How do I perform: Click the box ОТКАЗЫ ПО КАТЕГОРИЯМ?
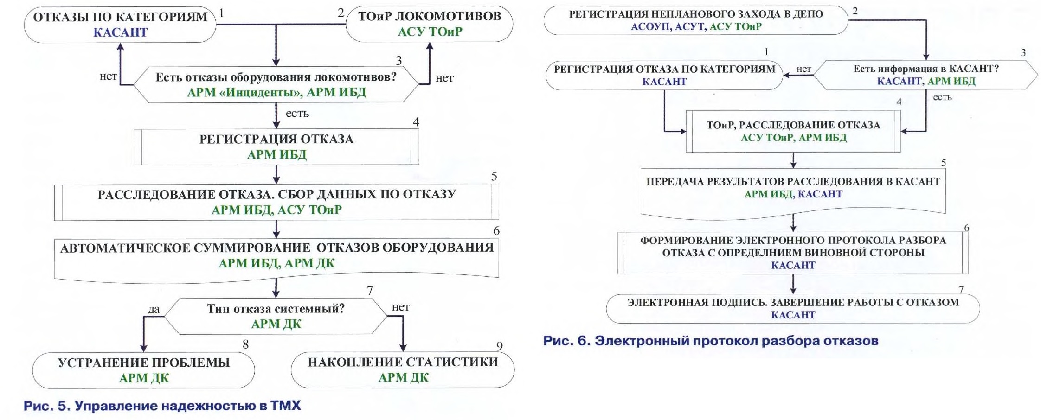coord(120,24)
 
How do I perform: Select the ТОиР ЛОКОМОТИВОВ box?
coord(430,24)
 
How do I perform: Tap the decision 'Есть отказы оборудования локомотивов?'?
coord(276,84)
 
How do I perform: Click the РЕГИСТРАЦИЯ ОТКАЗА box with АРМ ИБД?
coord(276,146)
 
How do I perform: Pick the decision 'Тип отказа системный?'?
coord(276,316)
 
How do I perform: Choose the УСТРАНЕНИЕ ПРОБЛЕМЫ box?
coord(143,370)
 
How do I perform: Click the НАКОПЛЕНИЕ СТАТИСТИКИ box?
coord(403,369)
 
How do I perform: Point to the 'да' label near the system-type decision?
coord(154,309)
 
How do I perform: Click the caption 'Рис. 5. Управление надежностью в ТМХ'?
coord(162,406)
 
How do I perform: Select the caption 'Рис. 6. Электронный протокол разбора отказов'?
coord(711,341)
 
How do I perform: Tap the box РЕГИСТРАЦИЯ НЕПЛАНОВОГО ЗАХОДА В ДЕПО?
coord(696,20)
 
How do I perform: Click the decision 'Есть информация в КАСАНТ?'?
coord(926,75)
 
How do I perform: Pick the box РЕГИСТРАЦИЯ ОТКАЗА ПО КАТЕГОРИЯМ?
coord(664,75)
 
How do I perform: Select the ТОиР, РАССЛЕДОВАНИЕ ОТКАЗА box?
coord(793,131)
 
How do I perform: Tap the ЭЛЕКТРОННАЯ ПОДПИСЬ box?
coord(793,308)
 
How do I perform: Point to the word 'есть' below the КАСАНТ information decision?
coord(942,97)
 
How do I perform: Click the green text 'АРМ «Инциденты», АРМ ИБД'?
coord(276,92)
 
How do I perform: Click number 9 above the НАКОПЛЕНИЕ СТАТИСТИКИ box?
coord(500,346)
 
